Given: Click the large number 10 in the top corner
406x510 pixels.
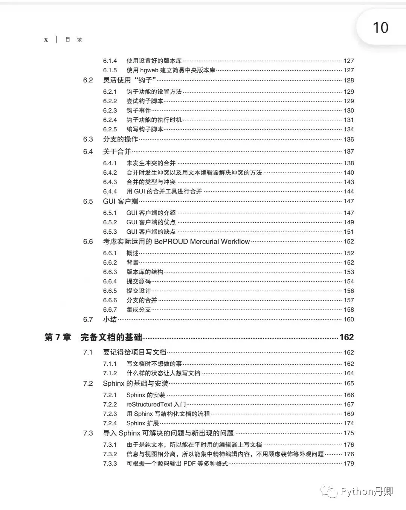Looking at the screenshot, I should (380, 27).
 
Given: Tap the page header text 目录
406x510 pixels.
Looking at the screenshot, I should (74, 40).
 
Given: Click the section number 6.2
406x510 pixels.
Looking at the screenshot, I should (88, 80).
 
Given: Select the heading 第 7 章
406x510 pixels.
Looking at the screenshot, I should (58, 337).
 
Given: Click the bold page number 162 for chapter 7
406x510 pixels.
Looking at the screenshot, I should (346, 337).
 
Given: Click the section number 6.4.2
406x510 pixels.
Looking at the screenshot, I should (110, 173).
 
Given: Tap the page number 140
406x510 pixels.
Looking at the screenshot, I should (349, 173).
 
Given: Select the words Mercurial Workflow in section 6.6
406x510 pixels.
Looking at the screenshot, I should (220, 242).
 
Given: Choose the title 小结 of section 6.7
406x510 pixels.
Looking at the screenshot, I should (110, 320).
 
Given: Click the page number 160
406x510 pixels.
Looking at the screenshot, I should (349, 320).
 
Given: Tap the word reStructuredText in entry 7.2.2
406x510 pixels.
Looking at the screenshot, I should (149, 405).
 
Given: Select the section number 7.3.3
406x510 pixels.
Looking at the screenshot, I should (110, 464).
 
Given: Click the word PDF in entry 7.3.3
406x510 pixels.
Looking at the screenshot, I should (189, 464).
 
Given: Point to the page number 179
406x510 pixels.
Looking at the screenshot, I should (349, 464).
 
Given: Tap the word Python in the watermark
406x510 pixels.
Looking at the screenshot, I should (356, 492).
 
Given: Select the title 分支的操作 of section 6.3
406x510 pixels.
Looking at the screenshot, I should (121, 140).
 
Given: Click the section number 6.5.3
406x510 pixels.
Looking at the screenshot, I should (110, 232).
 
